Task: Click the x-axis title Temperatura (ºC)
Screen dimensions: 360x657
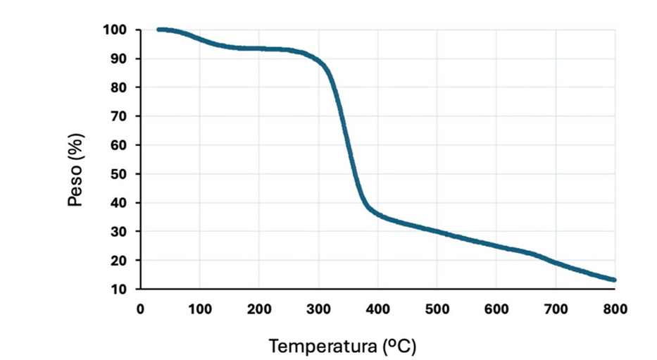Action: click(342, 346)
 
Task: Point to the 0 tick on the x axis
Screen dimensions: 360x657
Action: click(140, 308)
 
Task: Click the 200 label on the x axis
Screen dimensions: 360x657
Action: click(258, 308)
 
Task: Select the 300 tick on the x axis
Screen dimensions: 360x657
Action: click(318, 308)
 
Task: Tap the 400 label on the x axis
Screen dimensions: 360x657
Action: click(377, 308)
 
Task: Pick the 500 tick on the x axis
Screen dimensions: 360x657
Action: click(437, 308)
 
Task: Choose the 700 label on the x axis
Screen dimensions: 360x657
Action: click(556, 308)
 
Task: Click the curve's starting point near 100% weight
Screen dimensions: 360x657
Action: click(158, 30)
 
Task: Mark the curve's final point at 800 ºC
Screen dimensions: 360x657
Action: click(614, 280)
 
